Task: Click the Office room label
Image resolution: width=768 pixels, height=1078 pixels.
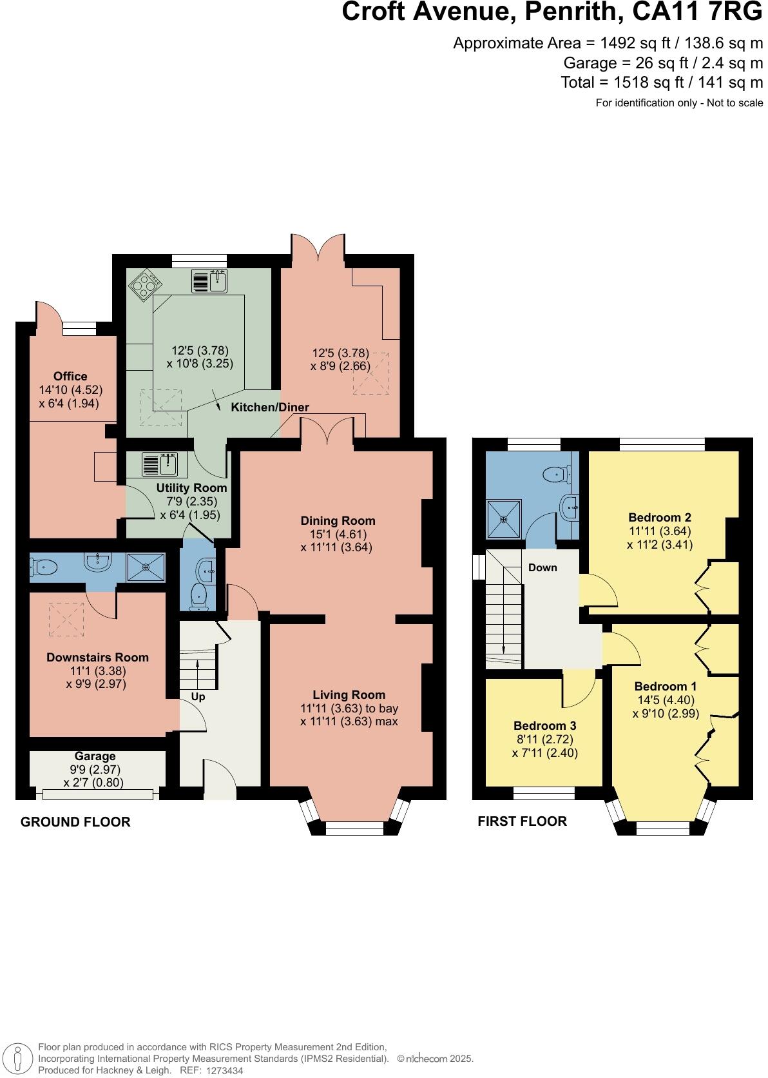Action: pyautogui.click(x=70, y=376)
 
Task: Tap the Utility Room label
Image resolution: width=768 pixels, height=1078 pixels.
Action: pyautogui.click(x=191, y=487)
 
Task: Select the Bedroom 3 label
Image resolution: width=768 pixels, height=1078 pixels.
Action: pyautogui.click(x=544, y=725)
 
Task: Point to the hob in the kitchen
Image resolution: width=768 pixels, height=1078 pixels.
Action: pyautogui.click(x=145, y=285)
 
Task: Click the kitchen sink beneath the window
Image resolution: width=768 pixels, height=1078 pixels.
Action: pyautogui.click(x=209, y=281)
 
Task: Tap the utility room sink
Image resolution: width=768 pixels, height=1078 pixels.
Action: pyautogui.click(x=160, y=464)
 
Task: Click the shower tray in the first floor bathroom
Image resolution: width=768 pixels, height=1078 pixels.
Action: pyautogui.click(x=504, y=519)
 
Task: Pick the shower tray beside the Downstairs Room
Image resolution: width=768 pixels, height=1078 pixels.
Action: pyautogui.click(x=146, y=567)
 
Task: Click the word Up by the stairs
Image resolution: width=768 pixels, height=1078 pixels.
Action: pyautogui.click(x=198, y=696)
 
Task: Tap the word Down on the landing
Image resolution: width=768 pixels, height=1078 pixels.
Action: pyautogui.click(x=542, y=567)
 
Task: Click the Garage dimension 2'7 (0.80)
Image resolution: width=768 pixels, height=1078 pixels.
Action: pyautogui.click(x=94, y=783)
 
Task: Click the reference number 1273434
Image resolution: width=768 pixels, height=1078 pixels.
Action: pyautogui.click(x=225, y=1070)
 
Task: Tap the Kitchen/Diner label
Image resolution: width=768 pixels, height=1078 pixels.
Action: pyautogui.click(x=270, y=407)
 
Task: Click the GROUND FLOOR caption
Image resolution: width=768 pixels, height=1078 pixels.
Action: pyautogui.click(x=75, y=821)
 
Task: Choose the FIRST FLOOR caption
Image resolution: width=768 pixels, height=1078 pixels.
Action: pyautogui.click(x=523, y=821)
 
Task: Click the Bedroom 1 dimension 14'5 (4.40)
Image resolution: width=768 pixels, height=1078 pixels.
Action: pyautogui.click(x=666, y=700)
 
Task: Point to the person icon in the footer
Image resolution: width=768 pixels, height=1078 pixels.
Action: pyautogui.click(x=18, y=1059)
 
